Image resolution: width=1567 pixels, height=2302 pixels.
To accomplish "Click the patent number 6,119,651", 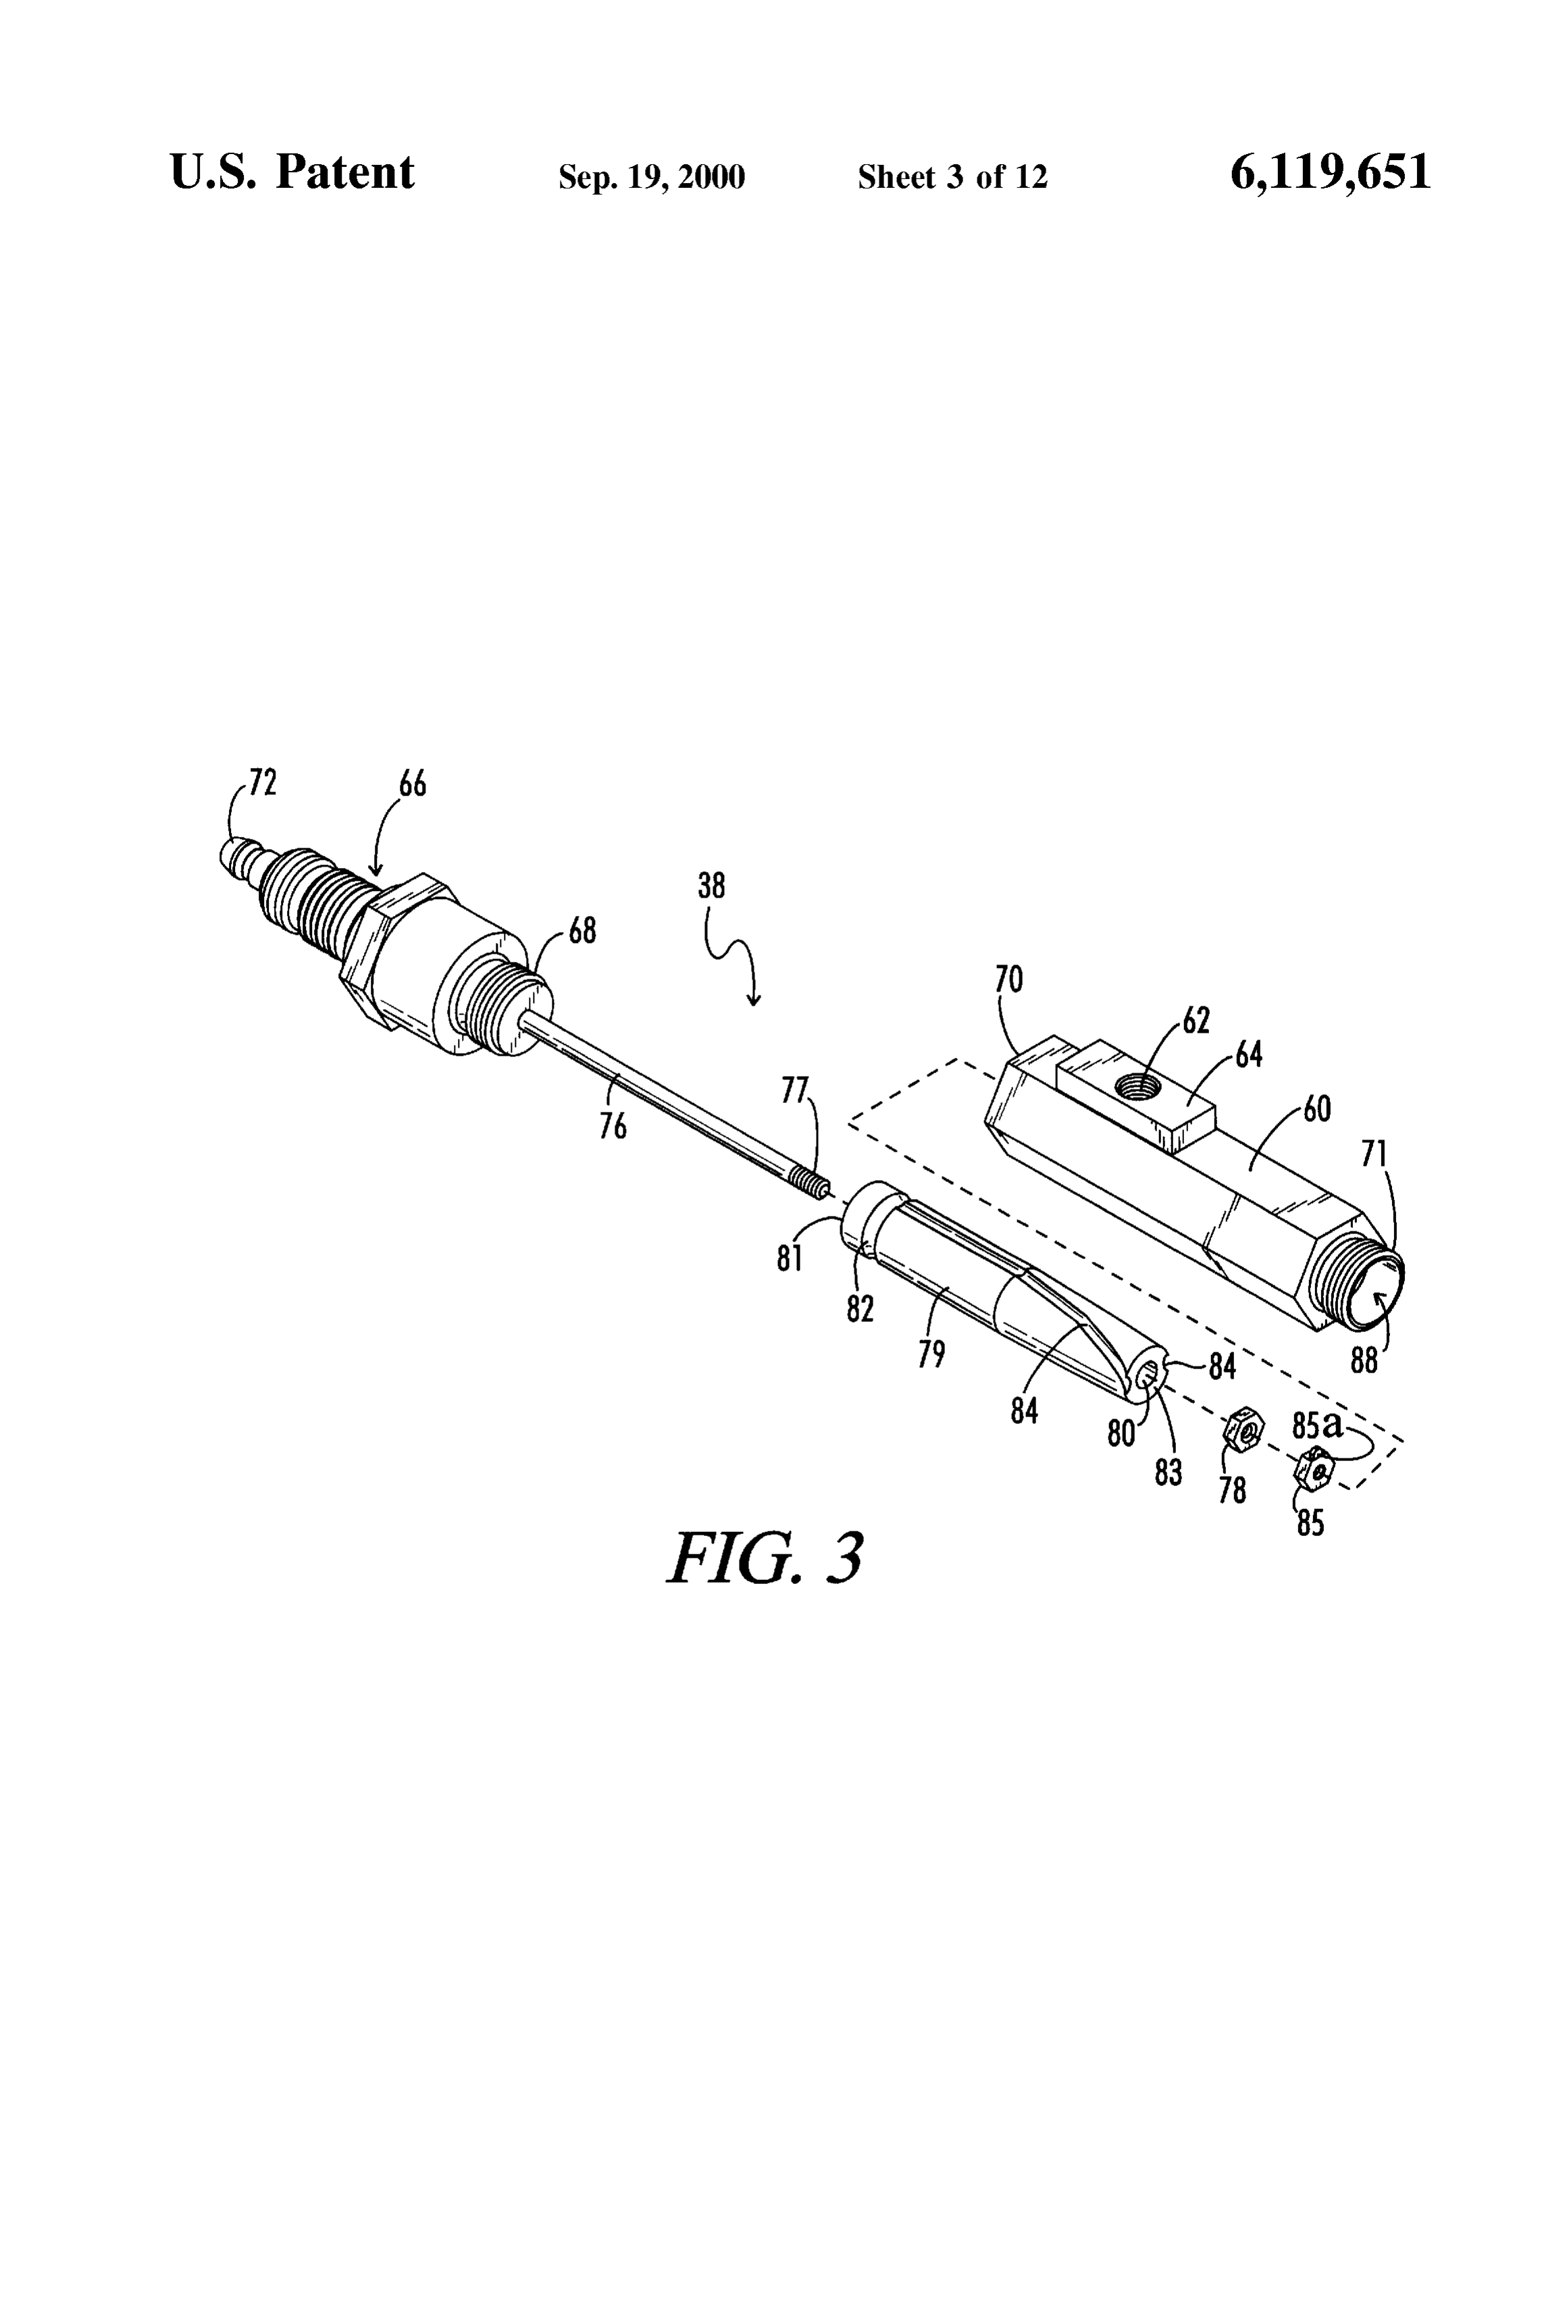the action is pos(1331,172).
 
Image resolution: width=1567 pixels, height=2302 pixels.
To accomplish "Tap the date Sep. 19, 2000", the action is pos(652,177).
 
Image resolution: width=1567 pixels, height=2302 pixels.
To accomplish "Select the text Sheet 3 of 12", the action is pos(952,177).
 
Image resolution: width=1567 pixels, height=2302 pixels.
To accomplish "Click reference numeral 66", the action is pos(413,784).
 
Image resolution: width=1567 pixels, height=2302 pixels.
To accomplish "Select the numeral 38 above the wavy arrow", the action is pos(711,886).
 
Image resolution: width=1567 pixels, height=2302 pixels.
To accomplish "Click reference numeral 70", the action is pos(1008,979).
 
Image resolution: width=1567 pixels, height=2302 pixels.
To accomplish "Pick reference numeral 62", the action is pos(1197,1020).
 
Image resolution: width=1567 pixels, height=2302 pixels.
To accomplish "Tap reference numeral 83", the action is pos(1168,1472).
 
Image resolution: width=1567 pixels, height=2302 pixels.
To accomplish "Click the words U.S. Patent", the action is pos(292,172).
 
